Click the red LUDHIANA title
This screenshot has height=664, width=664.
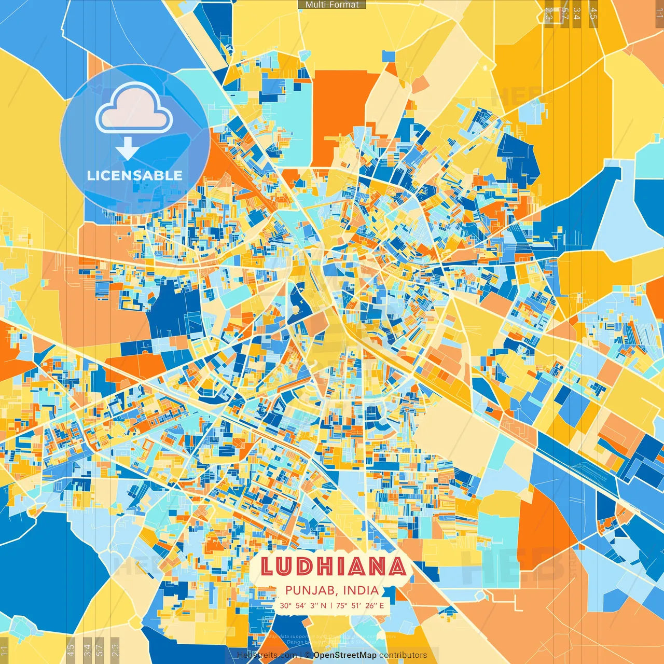(x=333, y=566)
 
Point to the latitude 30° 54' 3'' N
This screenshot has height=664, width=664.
(x=303, y=605)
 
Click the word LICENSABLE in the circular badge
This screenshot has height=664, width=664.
(x=135, y=175)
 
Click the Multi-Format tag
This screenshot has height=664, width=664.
(x=332, y=5)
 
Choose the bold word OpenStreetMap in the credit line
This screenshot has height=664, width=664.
(x=344, y=655)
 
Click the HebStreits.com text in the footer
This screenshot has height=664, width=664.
(x=267, y=655)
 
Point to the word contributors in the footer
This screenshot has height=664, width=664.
(x=403, y=655)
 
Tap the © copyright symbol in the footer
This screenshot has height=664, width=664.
(x=308, y=655)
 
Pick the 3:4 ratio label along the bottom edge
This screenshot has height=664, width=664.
(x=87, y=649)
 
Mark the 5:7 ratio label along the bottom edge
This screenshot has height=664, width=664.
(x=100, y=649)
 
